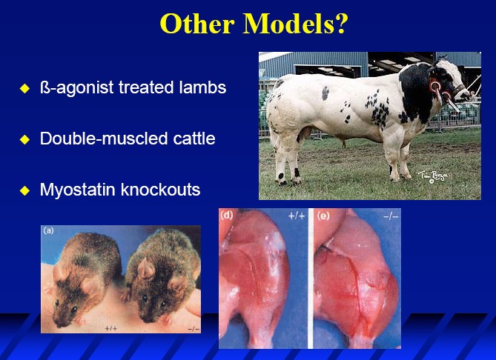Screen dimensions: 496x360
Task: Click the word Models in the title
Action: click(x=295, y=24)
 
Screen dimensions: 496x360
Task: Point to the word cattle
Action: click(x=194, y=139)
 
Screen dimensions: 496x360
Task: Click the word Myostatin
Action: click(x=77, y=190)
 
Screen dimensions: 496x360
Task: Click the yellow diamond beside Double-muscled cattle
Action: click(x=24, y=139)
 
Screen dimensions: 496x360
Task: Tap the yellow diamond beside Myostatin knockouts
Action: click(x=24, y=190)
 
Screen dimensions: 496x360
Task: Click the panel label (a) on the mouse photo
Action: click(x=48, y=230)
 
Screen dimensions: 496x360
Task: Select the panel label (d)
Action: click(x=226, y=216)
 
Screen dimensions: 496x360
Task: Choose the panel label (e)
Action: click(x=323, y=216)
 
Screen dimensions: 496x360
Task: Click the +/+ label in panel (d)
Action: click(x=297, y=216)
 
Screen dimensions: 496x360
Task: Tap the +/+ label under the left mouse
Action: click(x=110, y=329)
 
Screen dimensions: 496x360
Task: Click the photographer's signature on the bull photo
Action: click(x=433, y=176)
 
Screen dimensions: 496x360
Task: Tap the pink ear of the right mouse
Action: click(x=145, y=268)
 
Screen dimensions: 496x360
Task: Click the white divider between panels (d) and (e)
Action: click(x=311, y=278)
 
